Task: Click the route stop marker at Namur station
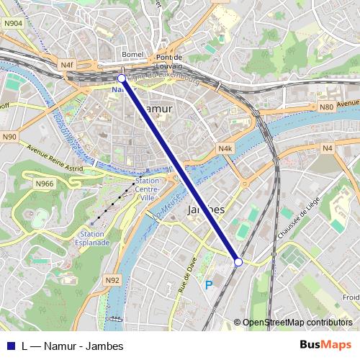point(122,78)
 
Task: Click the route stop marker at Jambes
point(238,261)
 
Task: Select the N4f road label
point(68,65)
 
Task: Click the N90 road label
point(9,136)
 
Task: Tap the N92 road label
point(112,279)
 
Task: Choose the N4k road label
point(225,148)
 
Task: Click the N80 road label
point(325,107)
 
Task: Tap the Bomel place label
point(133,55)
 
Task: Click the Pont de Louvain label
point(171,61)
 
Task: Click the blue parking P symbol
point(209,285)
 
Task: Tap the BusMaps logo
point(325,345)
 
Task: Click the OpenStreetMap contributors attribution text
point(298,322)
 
